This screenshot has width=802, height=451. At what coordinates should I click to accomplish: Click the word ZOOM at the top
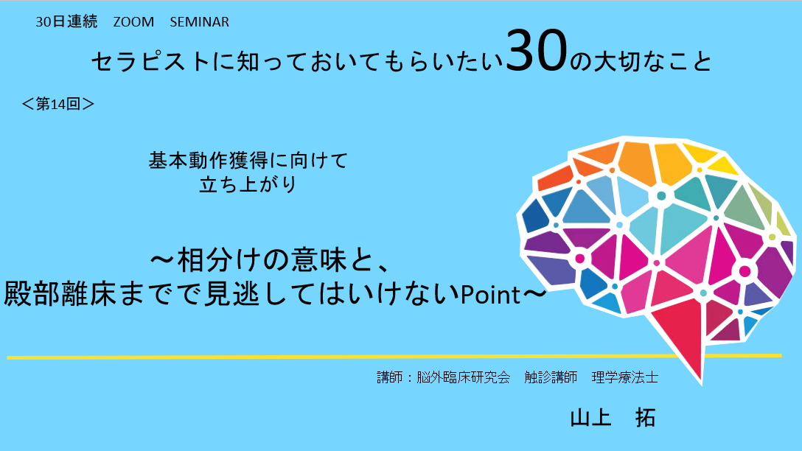pos(133,22)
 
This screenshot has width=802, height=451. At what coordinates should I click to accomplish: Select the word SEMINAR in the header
pos(200,22)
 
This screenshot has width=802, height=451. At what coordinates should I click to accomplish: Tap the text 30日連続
pos(66,22)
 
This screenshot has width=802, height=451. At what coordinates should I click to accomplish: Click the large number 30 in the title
pos(537,50)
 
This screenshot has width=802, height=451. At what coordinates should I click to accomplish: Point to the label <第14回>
pos(57,104)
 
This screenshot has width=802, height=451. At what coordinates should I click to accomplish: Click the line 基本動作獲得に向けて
pos(248,161)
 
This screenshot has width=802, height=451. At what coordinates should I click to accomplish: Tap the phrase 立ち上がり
pos(248,184)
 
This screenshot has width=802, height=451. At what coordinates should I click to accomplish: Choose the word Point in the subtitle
pos(490,295)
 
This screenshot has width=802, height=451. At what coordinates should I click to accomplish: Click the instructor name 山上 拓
pos(613,418)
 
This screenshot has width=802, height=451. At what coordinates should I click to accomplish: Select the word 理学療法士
pos(625,377)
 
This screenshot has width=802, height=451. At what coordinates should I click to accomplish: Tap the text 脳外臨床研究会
pos(464,377)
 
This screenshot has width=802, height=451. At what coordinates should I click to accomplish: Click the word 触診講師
pos(551,377)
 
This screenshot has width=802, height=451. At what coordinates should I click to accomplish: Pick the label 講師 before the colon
pos(390,377)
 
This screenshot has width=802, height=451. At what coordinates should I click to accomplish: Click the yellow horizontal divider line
pos(394,357)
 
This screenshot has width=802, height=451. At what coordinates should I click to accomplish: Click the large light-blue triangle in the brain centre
pos(680,225)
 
